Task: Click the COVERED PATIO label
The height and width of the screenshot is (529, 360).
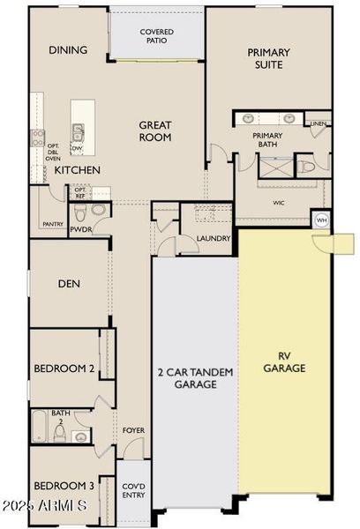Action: tap(157, 37)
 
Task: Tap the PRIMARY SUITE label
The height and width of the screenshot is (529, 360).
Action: tap(268, 59)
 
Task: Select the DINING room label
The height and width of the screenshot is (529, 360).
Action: tap(68, 50)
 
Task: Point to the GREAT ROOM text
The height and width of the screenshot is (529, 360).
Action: tap(154, 131)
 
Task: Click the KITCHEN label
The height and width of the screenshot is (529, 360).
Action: tap(78, 169)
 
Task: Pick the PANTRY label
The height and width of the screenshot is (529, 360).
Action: tap(52, 224)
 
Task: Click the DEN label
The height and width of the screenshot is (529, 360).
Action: tap(70, 283)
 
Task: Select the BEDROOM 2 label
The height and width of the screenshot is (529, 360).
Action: tap(64, 368)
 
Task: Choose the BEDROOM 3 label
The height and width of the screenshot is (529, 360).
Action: tap(64, 486)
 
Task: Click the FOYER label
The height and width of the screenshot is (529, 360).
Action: tap(133, 430)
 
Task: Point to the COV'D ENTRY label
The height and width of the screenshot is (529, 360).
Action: tap(134, 491)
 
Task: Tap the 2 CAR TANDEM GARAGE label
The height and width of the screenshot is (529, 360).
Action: tap(196, 378)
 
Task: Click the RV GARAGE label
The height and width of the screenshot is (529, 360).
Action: tap(285, 361)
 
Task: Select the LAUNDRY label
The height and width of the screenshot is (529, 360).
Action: tap(214, 238)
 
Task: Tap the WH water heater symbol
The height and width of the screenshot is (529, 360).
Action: tap(321, 220)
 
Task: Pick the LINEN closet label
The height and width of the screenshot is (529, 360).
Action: tap(319, 123)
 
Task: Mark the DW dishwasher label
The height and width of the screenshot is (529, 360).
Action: tap(77, 148)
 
